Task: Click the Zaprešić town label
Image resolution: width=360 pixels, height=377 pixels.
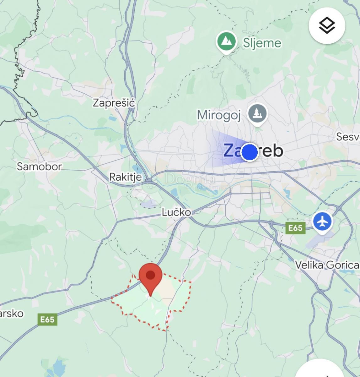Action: point(114,103)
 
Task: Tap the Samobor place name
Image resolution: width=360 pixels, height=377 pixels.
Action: point(39,166)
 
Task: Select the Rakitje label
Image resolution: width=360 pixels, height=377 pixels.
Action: point(125,177)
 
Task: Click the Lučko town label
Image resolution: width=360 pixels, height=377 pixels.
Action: point(176,212)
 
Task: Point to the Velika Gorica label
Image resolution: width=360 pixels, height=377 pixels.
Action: point(327,265)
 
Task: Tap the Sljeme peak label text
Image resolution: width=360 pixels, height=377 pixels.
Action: point(262,42)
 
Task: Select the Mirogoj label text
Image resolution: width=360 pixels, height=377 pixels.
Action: point(219,115)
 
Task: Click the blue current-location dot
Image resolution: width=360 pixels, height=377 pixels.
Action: point(250,152)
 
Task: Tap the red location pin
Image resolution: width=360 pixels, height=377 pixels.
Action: point(151,276)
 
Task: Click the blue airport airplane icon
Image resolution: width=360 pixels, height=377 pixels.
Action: point(322,222)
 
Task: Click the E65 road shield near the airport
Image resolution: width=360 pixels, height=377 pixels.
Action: point(295,228)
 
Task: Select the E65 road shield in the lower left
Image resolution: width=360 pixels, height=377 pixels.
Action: point(47,320)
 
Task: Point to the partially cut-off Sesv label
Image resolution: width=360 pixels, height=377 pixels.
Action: point(348,137)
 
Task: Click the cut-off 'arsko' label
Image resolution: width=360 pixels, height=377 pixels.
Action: point(12,313)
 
